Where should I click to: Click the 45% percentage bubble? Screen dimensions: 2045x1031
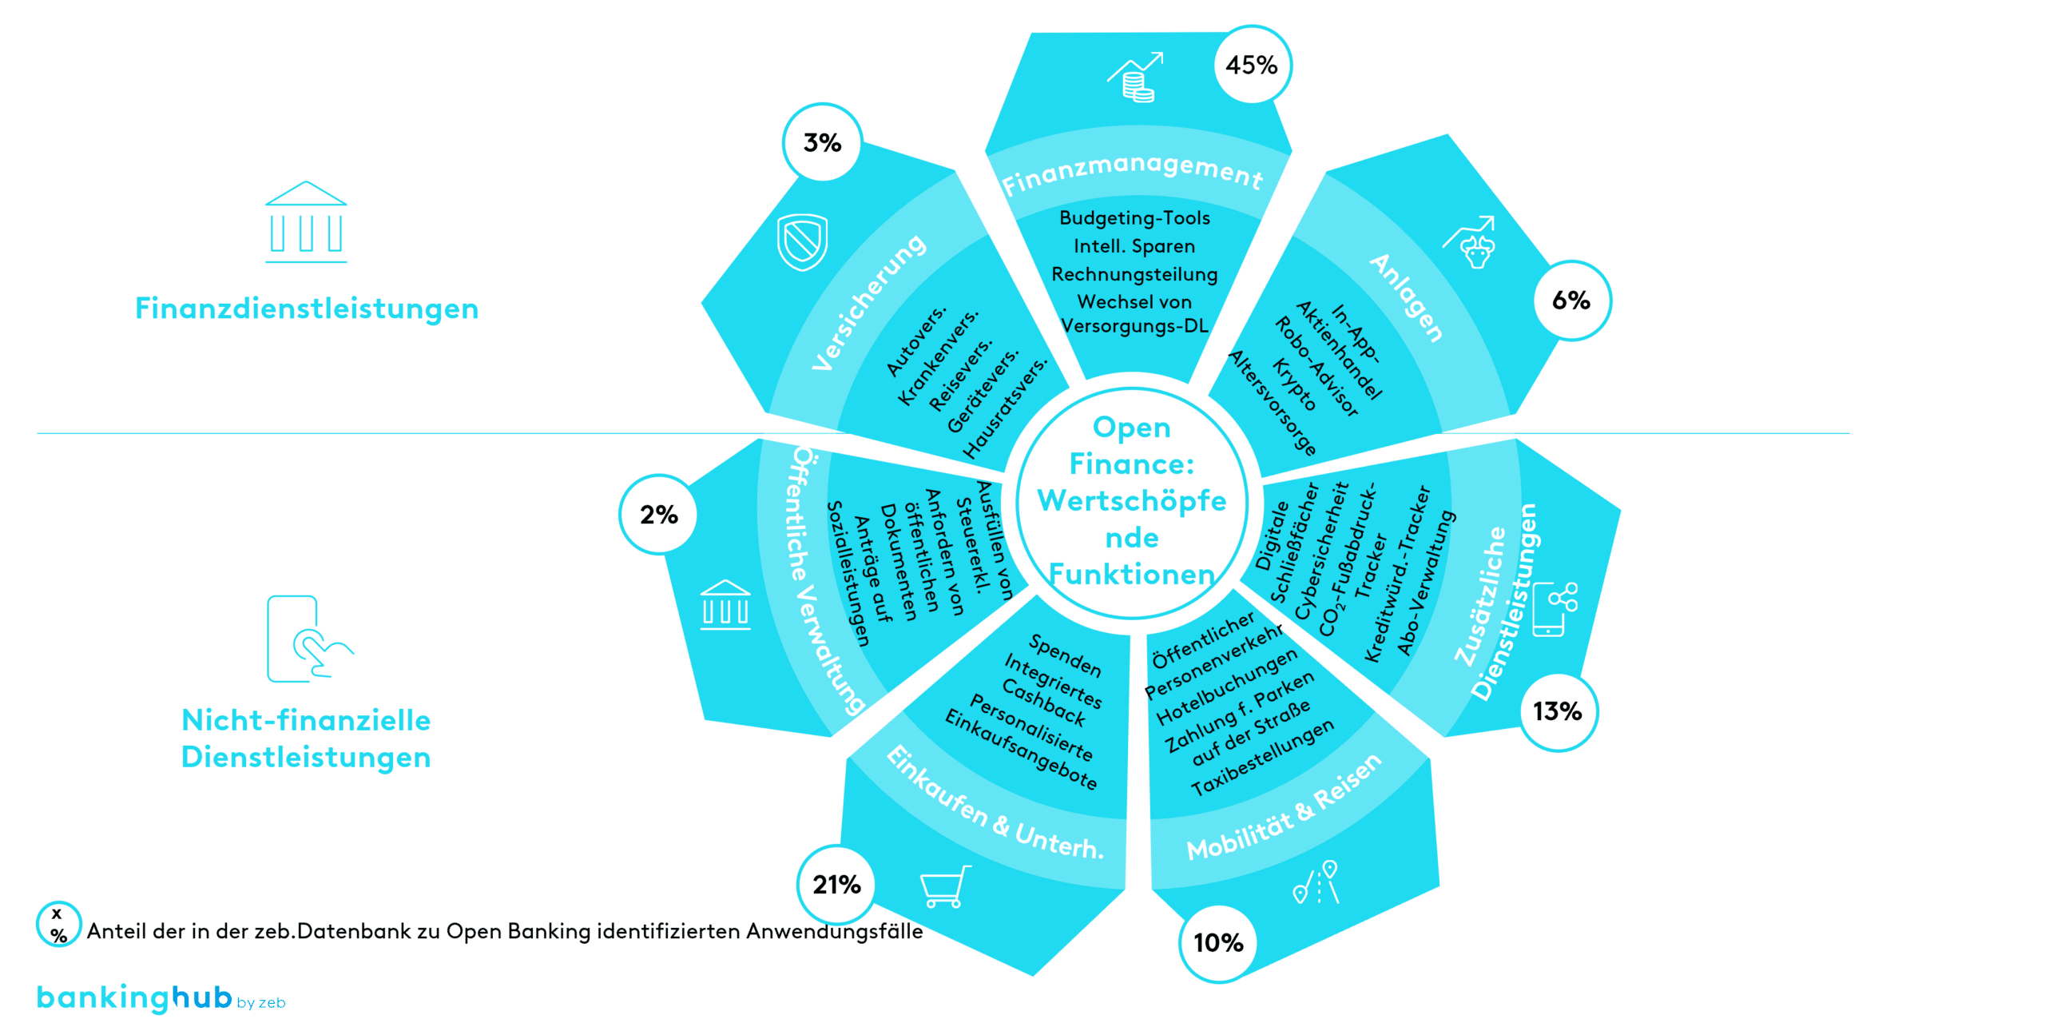(x=1252, y=65)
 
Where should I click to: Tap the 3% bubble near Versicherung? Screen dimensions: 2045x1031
(x=822, y=143)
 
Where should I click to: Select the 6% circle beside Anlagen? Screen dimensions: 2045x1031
(x=1571, y=301)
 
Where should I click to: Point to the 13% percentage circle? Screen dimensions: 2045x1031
(x=1558, y=711)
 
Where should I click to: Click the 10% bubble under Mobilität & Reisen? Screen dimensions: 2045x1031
(x=1218, y=943)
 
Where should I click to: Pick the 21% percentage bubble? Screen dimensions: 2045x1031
(x=836, y=885)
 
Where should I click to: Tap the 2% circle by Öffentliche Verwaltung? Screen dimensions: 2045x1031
(x=659, y=515)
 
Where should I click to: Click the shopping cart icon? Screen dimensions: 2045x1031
(x=945, y=886)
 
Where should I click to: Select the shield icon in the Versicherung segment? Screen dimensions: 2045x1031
(x=802, y=241)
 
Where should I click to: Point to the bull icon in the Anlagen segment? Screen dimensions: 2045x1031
(x=1471, y=243)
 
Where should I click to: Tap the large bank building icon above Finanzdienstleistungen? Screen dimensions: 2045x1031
(x=306, y=222)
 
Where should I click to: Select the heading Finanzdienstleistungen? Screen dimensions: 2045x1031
(x=307, y=309)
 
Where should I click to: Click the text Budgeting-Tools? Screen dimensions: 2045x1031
(x=1134, y=218)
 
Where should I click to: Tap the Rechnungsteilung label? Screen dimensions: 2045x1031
(x=1134, y=274)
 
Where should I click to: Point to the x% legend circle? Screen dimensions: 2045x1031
(x=58, y=924)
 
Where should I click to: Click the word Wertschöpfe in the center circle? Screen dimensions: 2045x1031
(x=1132, y=501)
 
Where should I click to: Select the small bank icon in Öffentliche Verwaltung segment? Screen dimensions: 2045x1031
(x=725, y=605)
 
